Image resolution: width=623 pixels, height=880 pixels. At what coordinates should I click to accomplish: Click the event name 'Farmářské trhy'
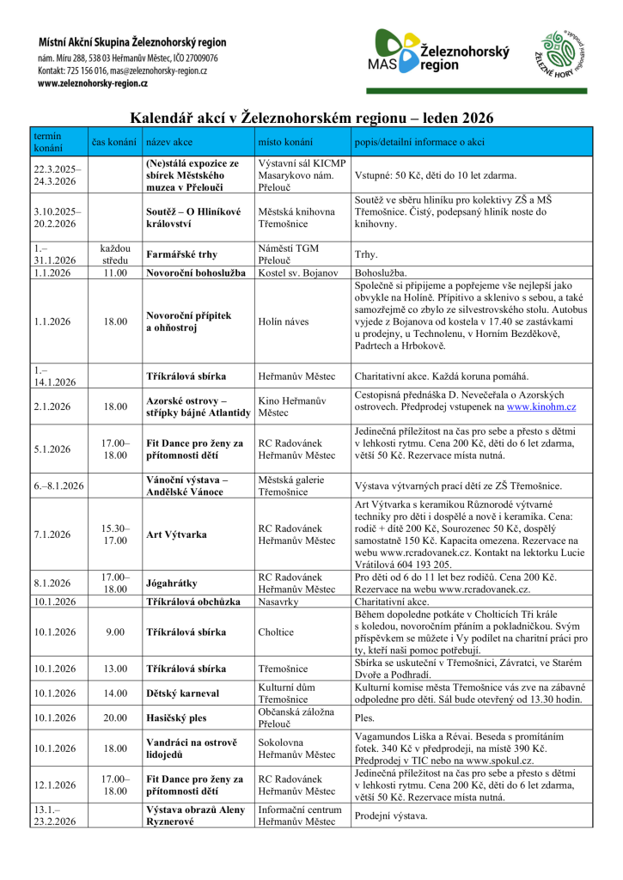pyautogui.click(x=181, y=254)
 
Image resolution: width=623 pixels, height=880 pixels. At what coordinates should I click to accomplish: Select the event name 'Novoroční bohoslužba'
pyautogui.click(x=198, y=273)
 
